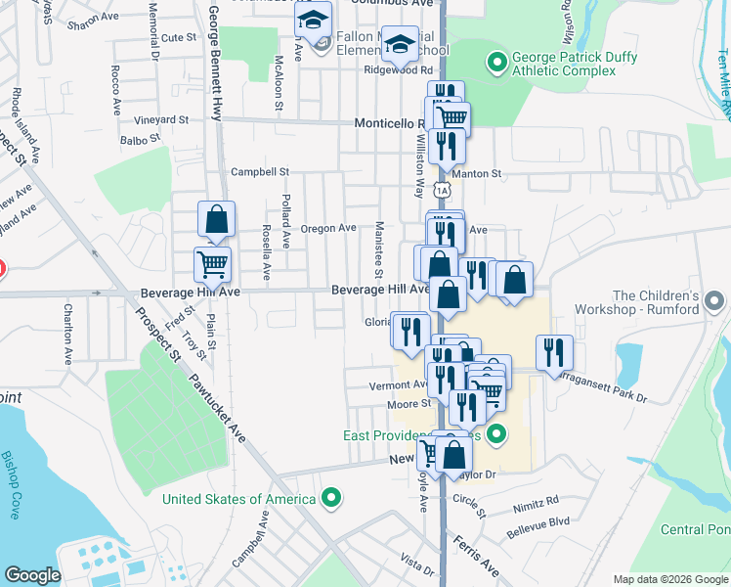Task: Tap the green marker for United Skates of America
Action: [332, 499]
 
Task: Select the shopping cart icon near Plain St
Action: [212, 263]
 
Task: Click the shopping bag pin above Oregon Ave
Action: [216, 220]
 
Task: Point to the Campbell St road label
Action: [260, 172]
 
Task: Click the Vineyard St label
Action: [162, 120]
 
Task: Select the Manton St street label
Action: [482, 173]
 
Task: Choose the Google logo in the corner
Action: [32, 575]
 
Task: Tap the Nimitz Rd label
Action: [538, 500]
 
